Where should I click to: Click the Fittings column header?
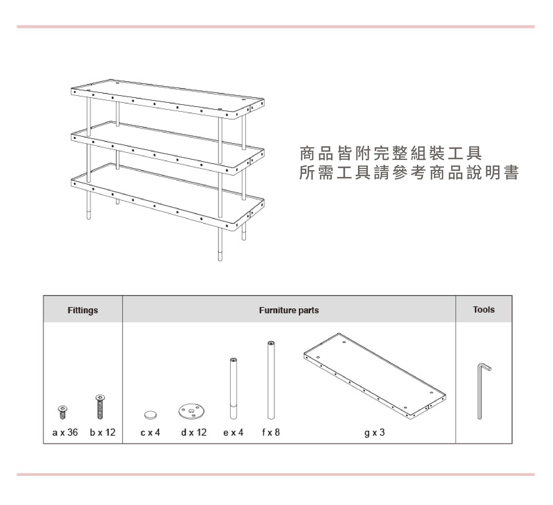[x=83, y=310]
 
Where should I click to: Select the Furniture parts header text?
[x=289, y=310]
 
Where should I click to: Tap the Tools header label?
[x=484, y=310]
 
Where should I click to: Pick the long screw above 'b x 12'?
[x=100, y=407]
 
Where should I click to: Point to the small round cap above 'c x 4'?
[x=151, y=415]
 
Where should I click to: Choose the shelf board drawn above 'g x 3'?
[x=374, y=375]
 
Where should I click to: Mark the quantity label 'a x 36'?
[x=65, y=432]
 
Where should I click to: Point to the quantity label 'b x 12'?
[x=103, y=432]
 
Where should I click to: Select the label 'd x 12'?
[x=194, y=432]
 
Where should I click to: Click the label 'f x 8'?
[x=271, y=432]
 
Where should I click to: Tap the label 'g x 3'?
[x=374, y=432]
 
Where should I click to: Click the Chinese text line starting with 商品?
[x=391, y=154]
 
